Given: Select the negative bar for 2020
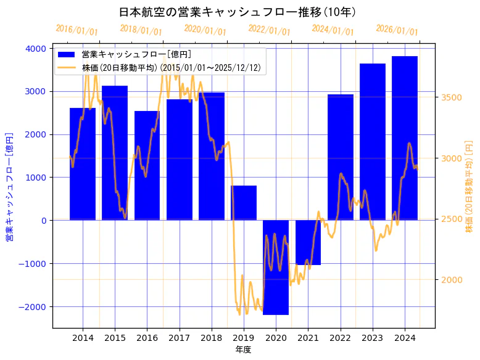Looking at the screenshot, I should (x=276, y=268).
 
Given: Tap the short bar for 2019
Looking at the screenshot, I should (x=244, y=203).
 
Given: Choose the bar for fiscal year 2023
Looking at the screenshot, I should (x=372, y=142).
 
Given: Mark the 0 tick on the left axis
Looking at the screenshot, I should (x=43, y=221).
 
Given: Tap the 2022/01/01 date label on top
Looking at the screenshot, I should (x=269, y=30).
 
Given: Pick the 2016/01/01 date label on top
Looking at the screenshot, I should (x=77, y=30).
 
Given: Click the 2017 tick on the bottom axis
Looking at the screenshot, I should (x=179, y=338).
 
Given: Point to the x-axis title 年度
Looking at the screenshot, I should (x=243, y=350).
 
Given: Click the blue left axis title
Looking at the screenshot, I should (x=9, y=186).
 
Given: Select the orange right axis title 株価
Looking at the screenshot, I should (x=470, y=186).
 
